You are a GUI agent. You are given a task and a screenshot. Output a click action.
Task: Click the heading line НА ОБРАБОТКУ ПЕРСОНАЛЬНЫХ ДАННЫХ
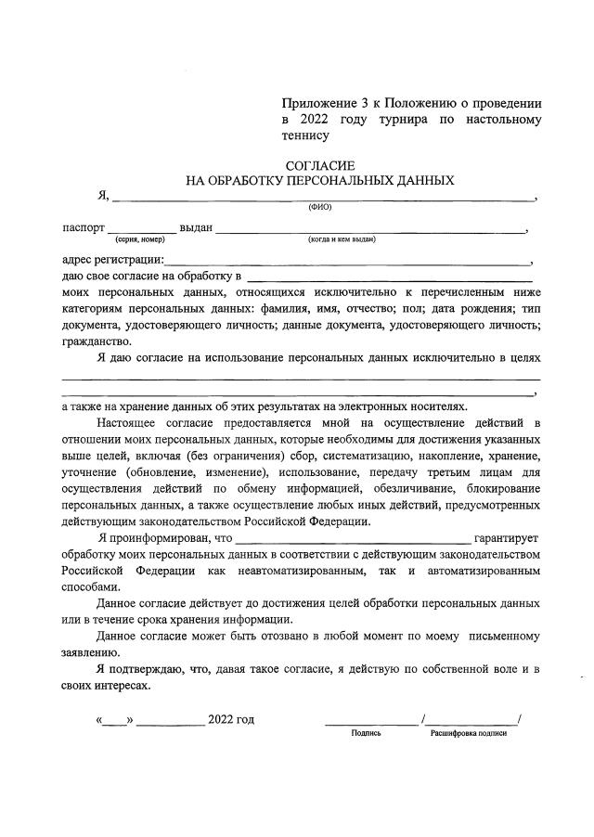tap(320, 180)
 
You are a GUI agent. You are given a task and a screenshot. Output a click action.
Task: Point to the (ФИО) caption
tap(320, 207)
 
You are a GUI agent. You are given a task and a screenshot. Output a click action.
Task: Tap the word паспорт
tap(83, 228)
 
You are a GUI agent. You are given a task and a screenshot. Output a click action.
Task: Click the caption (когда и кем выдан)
tap(341, 239)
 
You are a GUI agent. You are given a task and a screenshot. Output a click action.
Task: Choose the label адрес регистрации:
tap(111, 261)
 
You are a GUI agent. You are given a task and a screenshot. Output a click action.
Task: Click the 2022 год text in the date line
tap(230, 719)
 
